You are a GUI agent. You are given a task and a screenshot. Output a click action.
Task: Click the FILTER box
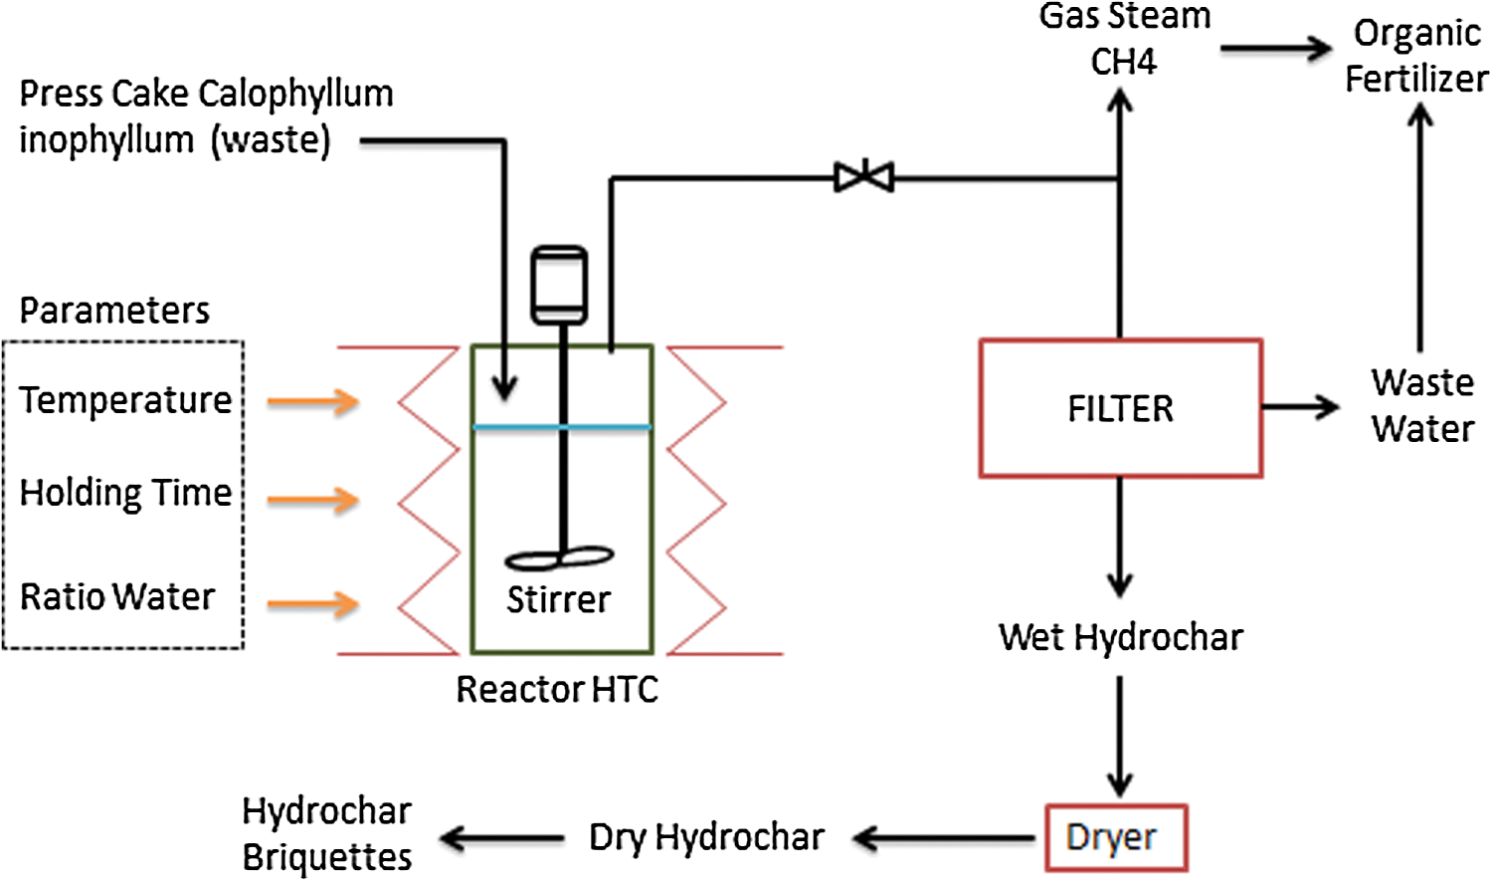(1121, 408)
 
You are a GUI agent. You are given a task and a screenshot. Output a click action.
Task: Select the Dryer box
(1116, 838)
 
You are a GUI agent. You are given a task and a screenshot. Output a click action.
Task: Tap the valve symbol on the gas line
(864, 178)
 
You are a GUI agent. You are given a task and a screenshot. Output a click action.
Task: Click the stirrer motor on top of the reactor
(559, 285)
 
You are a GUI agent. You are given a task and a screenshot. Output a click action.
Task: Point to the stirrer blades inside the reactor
(559, 558)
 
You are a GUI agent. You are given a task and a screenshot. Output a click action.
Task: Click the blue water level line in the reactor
(561, 427)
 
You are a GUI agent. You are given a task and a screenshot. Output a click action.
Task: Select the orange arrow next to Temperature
(313, 401)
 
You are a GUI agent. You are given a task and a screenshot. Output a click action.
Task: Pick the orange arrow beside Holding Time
(313, 499)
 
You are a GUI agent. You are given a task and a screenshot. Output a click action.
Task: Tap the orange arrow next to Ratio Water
(313, 603)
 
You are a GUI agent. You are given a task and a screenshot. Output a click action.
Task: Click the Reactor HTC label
(557, 689)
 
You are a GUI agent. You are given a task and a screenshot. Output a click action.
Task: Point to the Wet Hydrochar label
(1121, 637)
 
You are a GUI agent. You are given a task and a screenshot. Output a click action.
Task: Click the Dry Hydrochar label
(706, 838)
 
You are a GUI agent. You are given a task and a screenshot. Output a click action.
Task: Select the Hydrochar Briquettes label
(326, 834)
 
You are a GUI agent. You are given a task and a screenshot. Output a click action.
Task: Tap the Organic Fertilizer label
(1416, 56)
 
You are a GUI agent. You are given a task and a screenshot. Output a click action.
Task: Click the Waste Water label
(1422, 405)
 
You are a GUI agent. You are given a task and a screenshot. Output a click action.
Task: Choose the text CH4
(1124, 62)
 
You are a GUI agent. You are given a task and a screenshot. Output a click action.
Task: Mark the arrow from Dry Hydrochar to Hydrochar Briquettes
(502, 839)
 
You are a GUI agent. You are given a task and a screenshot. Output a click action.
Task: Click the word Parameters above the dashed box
(114, 311)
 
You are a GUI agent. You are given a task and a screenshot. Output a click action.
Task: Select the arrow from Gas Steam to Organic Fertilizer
(1275, 48)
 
